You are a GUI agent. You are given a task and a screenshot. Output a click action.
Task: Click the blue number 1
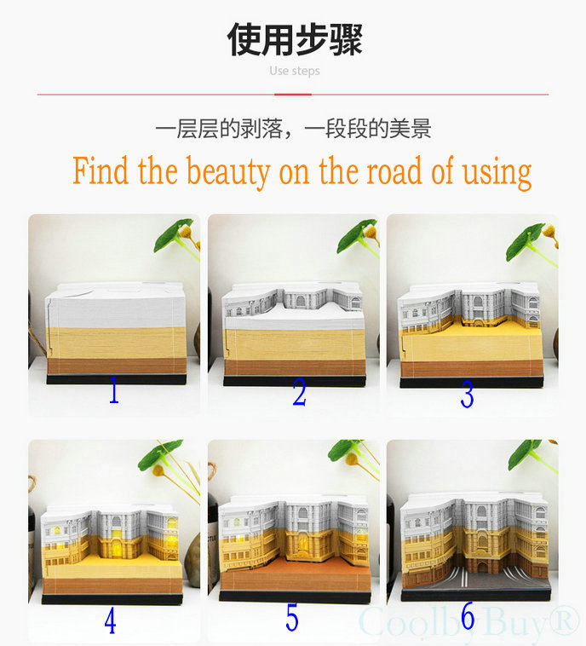(114, 389)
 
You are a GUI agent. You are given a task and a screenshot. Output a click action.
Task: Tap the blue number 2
(299, 392)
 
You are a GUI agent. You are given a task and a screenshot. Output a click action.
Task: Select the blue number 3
(467, 395)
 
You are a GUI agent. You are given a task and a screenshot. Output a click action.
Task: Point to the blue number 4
(110, 621)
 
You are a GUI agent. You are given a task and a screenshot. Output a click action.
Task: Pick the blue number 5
(292, 618)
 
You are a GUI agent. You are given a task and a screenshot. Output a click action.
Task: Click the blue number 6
(468, 616)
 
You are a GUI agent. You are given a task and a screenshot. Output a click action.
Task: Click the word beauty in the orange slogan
(228, 172)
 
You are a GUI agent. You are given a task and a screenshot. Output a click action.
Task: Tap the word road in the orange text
(394, 170)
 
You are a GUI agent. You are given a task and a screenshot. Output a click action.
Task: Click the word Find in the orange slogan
(101, 170)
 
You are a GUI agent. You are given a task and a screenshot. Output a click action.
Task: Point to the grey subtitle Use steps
(295, 71)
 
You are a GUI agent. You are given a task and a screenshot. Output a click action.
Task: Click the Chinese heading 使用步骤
(295, 39)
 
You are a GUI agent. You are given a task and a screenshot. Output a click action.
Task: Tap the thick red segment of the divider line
(293, 95)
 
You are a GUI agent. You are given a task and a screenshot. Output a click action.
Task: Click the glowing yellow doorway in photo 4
(117, 544)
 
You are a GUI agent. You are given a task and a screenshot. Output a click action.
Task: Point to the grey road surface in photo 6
(478, 581)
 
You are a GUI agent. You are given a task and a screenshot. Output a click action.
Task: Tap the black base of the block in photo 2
(295, 381)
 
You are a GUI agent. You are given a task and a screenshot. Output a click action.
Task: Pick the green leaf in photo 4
(160, 454)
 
